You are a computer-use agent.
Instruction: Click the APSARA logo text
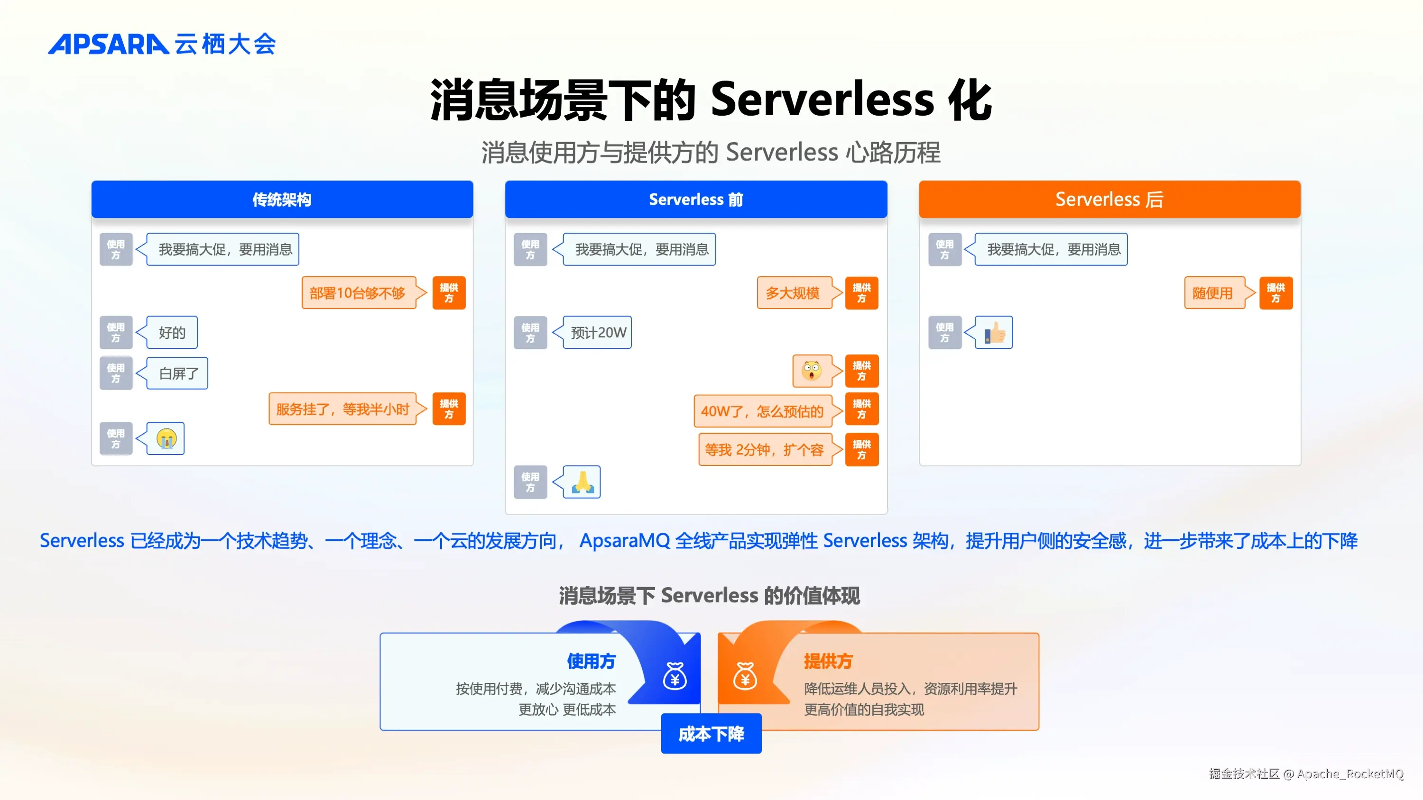108,44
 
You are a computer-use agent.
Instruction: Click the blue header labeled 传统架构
282,200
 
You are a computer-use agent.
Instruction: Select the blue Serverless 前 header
695,200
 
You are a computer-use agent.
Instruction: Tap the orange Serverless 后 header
1109,200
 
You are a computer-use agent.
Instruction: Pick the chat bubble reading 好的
172,332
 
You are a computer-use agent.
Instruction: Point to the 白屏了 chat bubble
177,373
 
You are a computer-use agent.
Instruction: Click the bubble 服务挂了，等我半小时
342,409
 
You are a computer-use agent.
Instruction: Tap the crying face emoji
166,439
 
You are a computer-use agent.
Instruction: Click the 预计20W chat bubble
597,332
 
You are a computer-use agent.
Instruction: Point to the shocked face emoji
812,371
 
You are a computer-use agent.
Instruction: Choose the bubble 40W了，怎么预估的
762,411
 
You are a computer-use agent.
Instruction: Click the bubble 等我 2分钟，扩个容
764,450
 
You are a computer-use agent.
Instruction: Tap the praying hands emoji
582,482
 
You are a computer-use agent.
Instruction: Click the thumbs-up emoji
994,332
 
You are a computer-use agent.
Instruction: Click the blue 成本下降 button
711,734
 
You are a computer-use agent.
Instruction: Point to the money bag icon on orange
745,676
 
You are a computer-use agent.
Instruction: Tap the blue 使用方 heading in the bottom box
591,661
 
